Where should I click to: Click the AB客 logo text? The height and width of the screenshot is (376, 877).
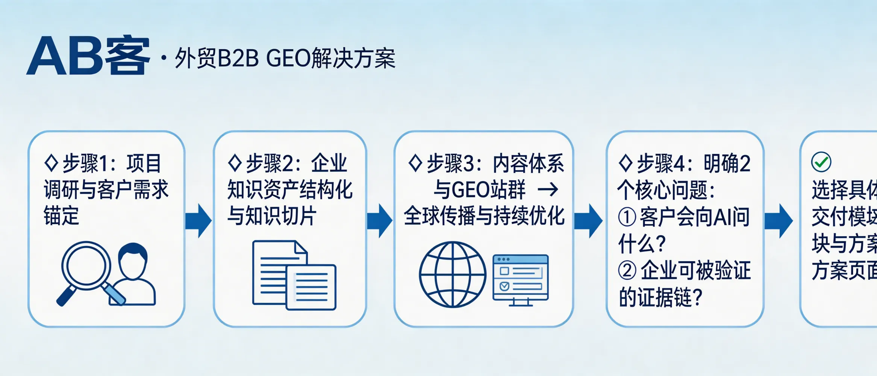(x=88, y=56)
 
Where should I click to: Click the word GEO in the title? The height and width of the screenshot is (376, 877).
(x=288, y=59)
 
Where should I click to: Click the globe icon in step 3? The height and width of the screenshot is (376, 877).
(x=452, y=274)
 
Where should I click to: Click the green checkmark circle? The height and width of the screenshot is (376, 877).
(x=821, y=162)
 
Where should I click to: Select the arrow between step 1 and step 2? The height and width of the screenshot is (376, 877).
(x=198, y=221)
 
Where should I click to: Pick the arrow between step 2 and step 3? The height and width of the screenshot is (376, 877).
(x=380, y=221)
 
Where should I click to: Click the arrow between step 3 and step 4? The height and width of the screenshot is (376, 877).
(x=588, y=221)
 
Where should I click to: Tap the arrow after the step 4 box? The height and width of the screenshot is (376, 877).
(x=779, y=221)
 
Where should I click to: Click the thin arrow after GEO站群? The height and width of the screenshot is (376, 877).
(x=548, y=190)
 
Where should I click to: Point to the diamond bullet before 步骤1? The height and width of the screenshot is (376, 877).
(x=51, y=163)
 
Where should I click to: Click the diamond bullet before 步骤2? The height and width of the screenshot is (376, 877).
(x=235, y=163)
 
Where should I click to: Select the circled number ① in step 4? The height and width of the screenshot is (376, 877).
(x=627, y=217)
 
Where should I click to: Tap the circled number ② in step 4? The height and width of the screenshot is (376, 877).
(x=627, y=271)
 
